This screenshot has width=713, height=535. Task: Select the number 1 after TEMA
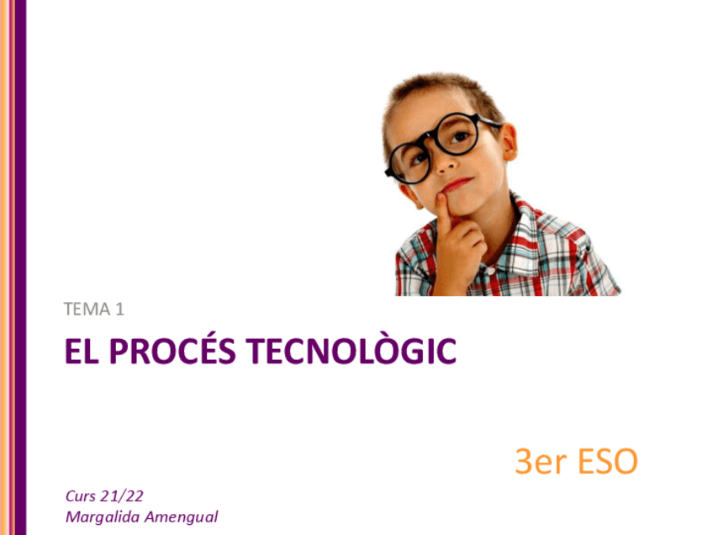tap(120, 310)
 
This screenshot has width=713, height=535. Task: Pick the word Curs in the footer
tap(81, 495)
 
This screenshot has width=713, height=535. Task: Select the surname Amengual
tap(181, 516)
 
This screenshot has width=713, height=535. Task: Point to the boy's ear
tap(507, 142)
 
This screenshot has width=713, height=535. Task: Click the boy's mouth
tap(457, 183)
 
